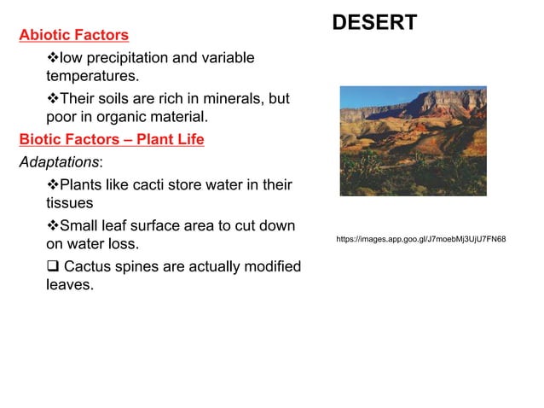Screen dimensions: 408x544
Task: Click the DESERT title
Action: click(x=374, y=23)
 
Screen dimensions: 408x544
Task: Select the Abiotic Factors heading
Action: click(x=74, y=35)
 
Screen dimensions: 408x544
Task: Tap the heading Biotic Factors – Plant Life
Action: click(x=112, y=139)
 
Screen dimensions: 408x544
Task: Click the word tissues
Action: click(x=69, y=203)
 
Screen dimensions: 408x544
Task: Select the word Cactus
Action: click(x=90, y=266)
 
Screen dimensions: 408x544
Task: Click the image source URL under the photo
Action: click(x=420, y=239)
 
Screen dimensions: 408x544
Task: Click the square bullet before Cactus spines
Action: click(x=52, y=266)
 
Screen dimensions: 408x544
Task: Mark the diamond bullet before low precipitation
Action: click(x=53, y=57)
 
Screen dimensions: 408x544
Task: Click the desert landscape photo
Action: click(x=413, y=141)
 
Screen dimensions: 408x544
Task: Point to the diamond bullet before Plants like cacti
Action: click(x=53, y=184)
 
